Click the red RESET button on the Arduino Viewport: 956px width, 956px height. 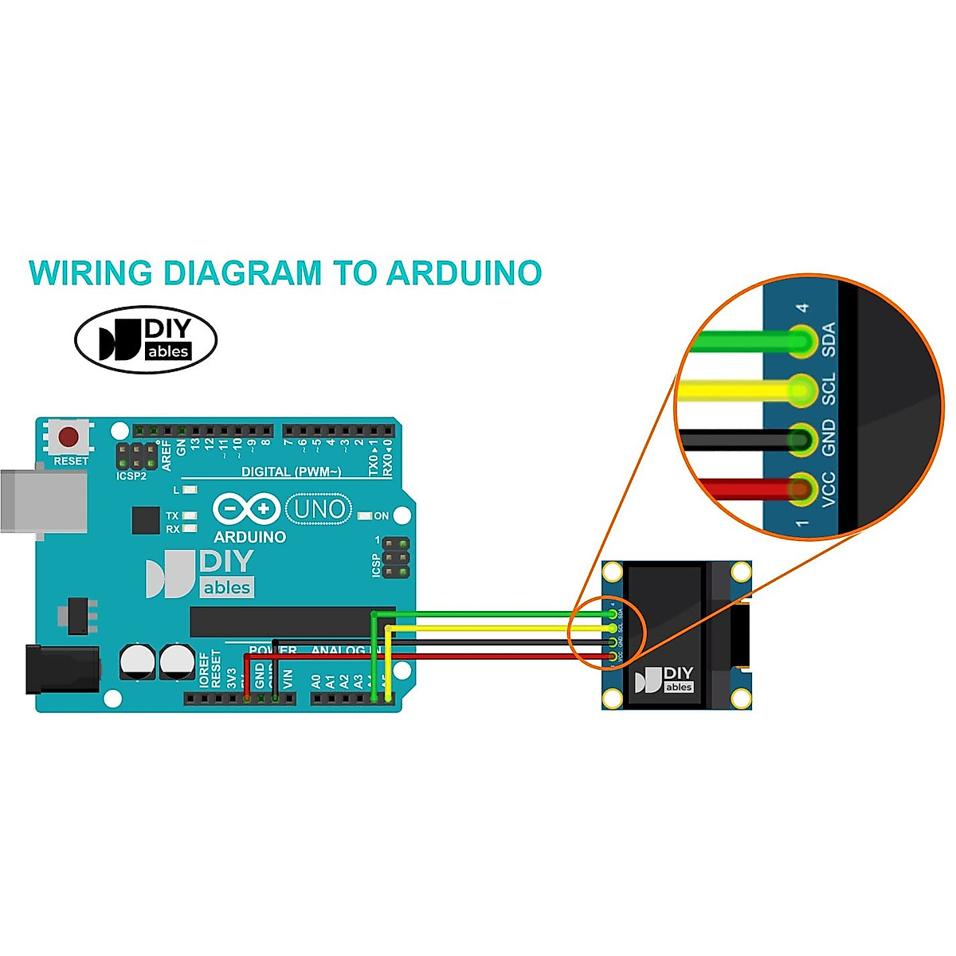[69, 437]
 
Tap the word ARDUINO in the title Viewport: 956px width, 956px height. [464, 273]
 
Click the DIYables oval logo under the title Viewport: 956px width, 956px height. [146, 340]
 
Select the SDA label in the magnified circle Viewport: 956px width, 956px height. [829, 339]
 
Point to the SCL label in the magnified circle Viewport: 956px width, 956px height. [829, 389]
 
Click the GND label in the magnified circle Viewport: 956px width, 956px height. [829, 437]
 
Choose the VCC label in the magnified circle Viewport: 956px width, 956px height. [829, 488]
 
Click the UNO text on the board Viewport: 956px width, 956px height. [319, 509]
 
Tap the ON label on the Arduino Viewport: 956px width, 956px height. [382, 516]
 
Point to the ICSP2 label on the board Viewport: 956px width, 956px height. [131, 476]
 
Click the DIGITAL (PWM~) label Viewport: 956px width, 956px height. [291, 472]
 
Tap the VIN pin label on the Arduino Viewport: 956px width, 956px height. [288, 680]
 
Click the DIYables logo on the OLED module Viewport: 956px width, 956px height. [664, 680]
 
